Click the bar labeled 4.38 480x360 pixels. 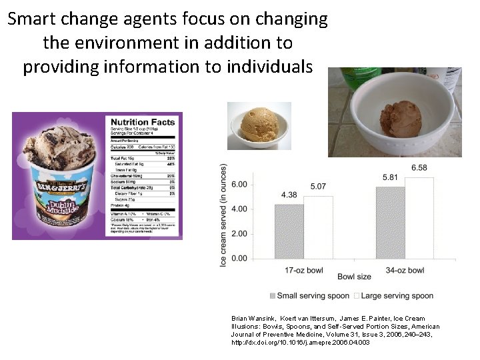point(289,231)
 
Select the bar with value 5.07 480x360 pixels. point(318,227)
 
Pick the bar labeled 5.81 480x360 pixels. point(391,222)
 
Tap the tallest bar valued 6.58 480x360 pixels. point(419,217)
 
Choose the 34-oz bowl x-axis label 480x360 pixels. point(405,270)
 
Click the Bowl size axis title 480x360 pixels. point(354,276)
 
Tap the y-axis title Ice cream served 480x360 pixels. point(224,215)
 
